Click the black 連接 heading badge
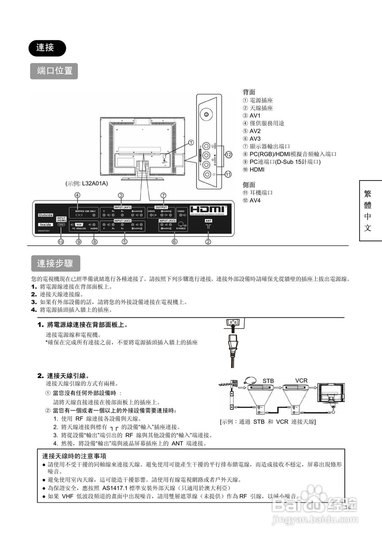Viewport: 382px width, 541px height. (x=47, y=48)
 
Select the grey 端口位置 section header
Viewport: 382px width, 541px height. (x=54, y=71)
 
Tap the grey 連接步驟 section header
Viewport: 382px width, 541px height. (x=55, y=264)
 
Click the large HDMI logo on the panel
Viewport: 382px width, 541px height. (x=208, y=210)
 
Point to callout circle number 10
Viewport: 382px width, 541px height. (x=61, y=242)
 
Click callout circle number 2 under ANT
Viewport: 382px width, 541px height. (x=208, y=242)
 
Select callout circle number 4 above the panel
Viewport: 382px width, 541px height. (x=77, y=195)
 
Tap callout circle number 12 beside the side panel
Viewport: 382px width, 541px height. (x=229, y=155)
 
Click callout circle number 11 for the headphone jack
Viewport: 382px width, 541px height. (x=229, y=174)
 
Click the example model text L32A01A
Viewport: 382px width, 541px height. (x=87, y=183)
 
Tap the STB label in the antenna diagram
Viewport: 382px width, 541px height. (x=268, y=381)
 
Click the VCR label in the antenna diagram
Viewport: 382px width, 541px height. (x=301, y=380)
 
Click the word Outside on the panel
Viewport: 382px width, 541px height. (x=46, y=215)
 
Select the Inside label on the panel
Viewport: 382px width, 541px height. (x=46, y=224)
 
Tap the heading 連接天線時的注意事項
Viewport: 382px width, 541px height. (x=74, y=456)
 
